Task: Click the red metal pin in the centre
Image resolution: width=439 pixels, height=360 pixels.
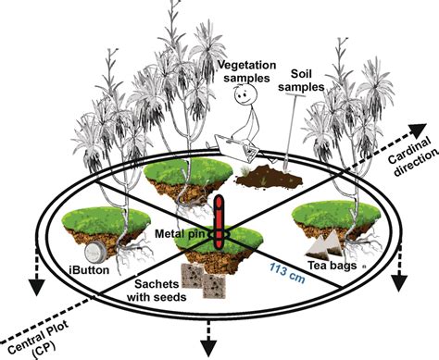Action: pos(219,222)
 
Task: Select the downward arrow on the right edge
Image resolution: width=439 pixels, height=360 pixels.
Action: pos(400,279)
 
